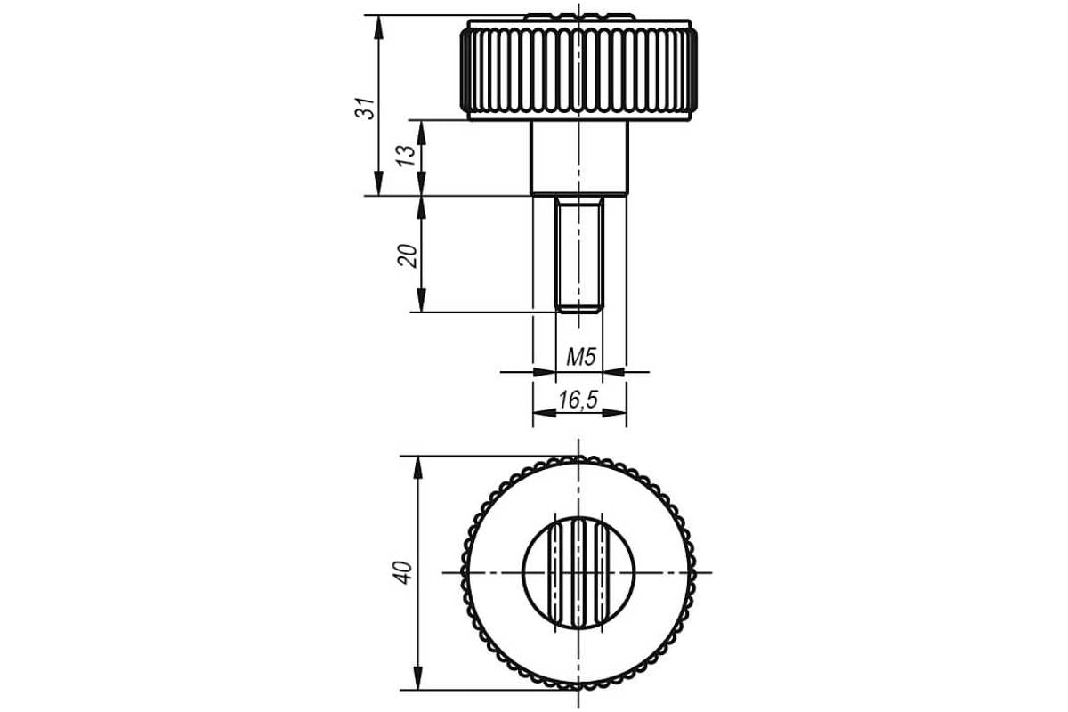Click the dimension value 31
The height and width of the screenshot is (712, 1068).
pos(365,109)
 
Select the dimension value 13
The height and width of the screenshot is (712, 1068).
pos(407,156)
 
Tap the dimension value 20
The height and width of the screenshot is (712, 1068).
pos(408,256)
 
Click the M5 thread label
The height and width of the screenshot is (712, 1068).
pos(581,357)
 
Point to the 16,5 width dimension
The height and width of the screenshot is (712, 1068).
pos(578,400)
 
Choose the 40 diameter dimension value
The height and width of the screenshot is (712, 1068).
pos(402,573)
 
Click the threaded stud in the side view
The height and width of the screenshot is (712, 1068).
pos(579,255)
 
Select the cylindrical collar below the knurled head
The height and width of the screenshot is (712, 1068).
pos(579,158)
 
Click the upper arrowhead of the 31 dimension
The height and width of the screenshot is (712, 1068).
pos(378,28)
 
